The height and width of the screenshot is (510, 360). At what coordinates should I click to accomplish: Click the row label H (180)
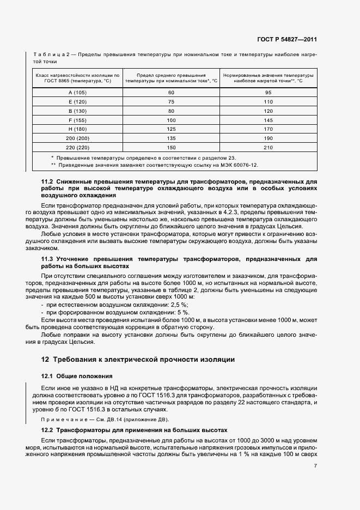coord(77,129)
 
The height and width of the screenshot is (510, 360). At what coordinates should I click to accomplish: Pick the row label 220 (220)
coord(77,148)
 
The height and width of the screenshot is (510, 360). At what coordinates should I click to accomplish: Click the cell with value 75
coord(171,101)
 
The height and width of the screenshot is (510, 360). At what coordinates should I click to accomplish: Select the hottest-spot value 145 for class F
coord(269,120)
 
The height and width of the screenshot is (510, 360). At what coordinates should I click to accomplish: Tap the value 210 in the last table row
coord(269,148)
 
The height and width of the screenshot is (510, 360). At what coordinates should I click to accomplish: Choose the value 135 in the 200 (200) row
coord(171,138)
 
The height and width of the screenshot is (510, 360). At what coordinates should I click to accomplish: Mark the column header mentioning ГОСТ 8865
coord(77,77)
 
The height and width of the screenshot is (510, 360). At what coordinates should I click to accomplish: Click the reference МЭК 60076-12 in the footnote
coord(237,164)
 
